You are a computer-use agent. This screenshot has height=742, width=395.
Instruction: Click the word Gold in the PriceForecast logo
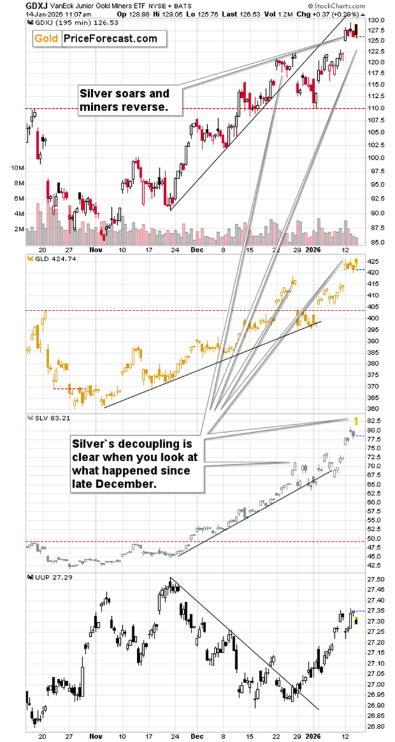[47, 39]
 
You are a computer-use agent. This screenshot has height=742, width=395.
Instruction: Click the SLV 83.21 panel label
[47, 417]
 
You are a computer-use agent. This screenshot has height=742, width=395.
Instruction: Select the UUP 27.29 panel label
[47, 576]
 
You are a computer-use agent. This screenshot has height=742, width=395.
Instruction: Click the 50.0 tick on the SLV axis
[376, 538]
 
